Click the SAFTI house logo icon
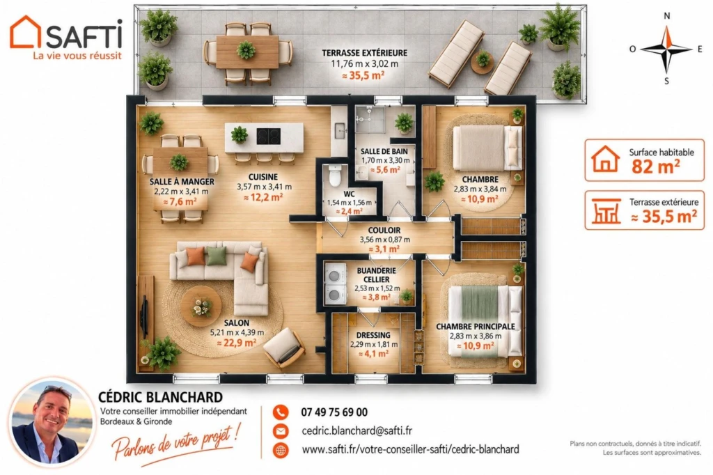26,32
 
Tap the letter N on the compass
666,16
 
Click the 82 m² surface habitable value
655,167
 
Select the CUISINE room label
263,177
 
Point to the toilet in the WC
335,176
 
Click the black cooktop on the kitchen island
268,136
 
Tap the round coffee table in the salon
201,306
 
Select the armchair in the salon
284,348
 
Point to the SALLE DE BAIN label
384,152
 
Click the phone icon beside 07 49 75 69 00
281,412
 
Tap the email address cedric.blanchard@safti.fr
357,430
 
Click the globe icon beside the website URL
281,450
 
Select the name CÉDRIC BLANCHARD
161,397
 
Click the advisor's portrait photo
52,422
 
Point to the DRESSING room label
373,335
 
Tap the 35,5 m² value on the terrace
363,75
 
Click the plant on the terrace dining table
246,50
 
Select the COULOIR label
384,231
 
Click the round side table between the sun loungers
483,61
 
